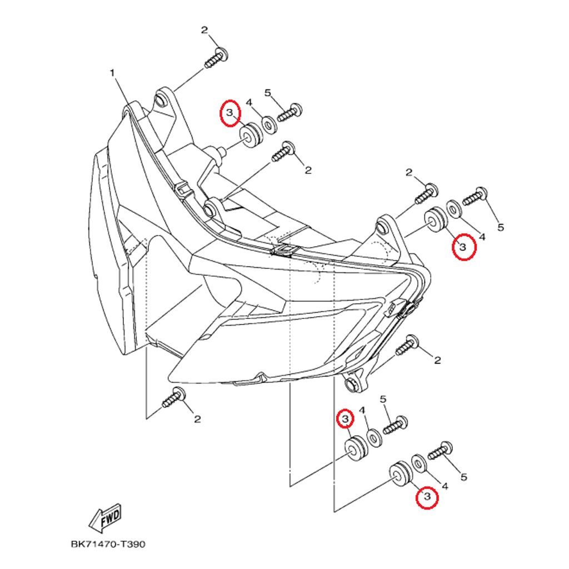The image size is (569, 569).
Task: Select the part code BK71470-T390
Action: [x=108, y=544]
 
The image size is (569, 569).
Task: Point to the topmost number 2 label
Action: [x=204, y=29]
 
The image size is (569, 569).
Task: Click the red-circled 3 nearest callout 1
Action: [x=229, y=113]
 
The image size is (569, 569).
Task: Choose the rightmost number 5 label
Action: [x=501, y=227]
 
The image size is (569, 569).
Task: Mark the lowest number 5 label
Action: [x=464, y=477]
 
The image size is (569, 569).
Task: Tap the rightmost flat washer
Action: [x=454, y=209]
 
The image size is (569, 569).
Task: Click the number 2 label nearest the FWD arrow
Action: [x=197, y=419]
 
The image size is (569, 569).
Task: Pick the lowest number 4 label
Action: [x=445, y=486]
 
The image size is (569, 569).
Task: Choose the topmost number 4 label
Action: [x=249, y=102]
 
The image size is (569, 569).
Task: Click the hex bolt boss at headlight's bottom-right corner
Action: [x=351, y=384]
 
